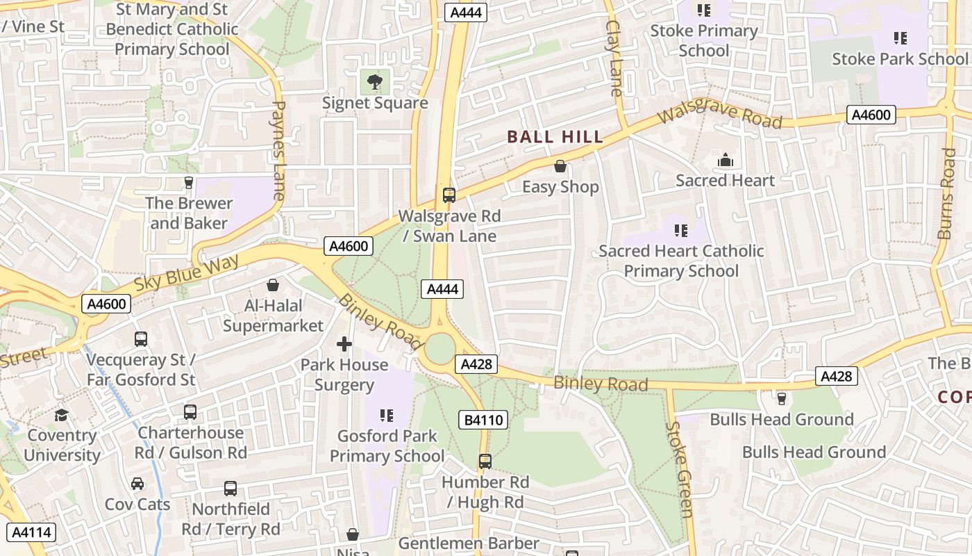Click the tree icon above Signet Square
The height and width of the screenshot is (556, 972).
click(x=375, y=82)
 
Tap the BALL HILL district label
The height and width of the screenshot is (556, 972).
click(x=555, y=137)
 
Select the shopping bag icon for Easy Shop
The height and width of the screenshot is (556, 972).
click(x=560, y=166)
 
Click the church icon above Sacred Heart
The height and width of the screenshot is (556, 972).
click(x=726, y=161)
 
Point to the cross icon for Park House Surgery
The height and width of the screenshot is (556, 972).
click(x=344, y=344)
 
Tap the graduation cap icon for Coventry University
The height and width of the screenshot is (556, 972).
click(x=62, y=415)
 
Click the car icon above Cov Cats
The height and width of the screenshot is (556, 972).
click(x=137, y=484)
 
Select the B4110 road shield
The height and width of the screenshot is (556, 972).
click(x=483, y=420)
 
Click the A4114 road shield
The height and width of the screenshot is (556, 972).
click(x=31, y=532)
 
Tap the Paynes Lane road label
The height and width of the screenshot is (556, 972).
click(x=278, y=150)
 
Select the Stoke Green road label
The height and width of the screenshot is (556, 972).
click(x=679, y=469)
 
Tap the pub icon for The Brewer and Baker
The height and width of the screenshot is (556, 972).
click(x=188, y=182)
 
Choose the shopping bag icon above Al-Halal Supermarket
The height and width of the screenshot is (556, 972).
click(x=273, y=285)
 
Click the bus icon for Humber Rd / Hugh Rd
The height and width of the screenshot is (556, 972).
click(x=485, y=461)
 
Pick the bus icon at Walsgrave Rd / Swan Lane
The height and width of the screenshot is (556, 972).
click(x=449, y=195)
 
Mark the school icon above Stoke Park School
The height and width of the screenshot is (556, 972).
click(x=900, y=38)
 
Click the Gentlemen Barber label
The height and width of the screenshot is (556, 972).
click(x=469, y=543)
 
